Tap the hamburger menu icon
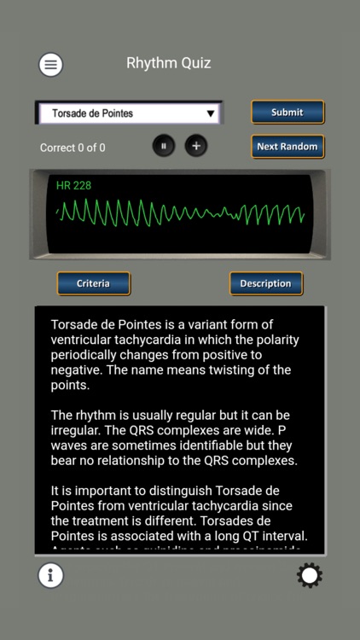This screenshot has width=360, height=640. click(50, 64)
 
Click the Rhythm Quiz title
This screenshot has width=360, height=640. click(168, 63)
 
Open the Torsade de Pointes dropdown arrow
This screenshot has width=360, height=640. click(210, 113)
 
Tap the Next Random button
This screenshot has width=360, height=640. click(287, 146)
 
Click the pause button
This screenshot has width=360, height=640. click(164, 146)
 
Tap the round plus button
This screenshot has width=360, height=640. click(196, 146)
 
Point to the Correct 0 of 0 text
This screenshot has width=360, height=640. click(73, 148)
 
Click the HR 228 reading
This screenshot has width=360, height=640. click(73, 185)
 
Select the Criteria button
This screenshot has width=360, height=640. click(93, 283)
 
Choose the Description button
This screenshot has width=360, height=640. click(265, 283)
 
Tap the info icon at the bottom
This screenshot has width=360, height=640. click(50, 576)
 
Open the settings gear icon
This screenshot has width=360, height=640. click(309, 576)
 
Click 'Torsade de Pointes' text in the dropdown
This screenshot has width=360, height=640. click(92, 113)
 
